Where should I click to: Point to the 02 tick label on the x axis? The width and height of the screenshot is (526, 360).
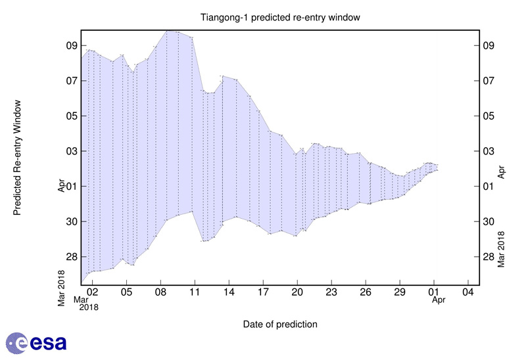coord(92,291)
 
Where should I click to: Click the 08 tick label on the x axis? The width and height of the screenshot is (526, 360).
coord(160,291)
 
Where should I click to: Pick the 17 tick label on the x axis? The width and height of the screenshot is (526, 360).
coord(263,291)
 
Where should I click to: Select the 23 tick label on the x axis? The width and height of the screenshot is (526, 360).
coord(331,291)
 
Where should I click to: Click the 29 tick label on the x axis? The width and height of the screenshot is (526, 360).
coord(400,291)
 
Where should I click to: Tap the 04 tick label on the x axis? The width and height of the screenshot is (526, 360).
coord(468,291)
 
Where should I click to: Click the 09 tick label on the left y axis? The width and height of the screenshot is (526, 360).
coord(70,46)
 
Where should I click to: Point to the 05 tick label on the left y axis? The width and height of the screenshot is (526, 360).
coord(70,116)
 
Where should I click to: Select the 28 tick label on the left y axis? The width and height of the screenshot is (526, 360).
coord(70,257)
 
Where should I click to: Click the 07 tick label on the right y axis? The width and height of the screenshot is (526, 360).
coord(489,81)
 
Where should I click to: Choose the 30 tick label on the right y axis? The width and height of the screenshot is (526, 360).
coord(489,221)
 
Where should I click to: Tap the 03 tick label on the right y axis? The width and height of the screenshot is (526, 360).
coord(489,151)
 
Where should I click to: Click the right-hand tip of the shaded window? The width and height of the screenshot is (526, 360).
coord(438,168)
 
